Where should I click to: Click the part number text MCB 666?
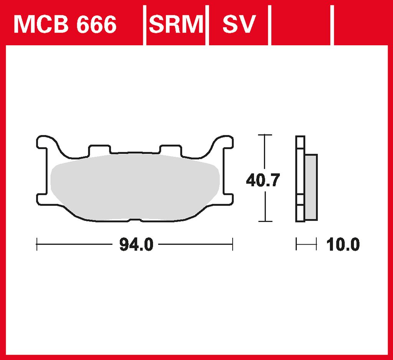pyautogui.click(x=65, y=24)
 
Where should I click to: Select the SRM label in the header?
pyautogui.click(x=176, y=24)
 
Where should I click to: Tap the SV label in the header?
pyautogui.click(x=239, y=24)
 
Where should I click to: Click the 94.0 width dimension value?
pyautogui.click(x=136, y=245)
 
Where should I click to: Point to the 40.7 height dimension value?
pyautogui.click(x=263, y=180)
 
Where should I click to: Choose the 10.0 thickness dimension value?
pyautogui.click(x=343, y=245)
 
